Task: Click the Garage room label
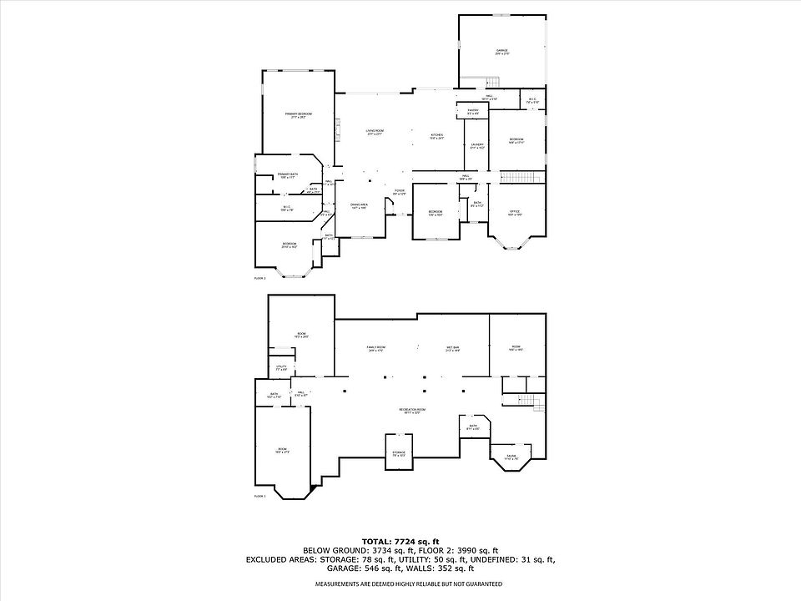[x=502, y=52]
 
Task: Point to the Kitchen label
[x=436, y=137]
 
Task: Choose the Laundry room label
[x=477, y=146]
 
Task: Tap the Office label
[x=516, y=213]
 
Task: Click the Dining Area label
[x=359, y=205]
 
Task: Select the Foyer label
[x=400, y=192]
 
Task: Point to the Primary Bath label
[x=288, y=175]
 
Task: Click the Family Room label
[x=375, y=349]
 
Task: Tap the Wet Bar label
[x=453, y=349]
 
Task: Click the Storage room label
[x=399, y=453]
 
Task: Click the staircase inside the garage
[x=492, y=81]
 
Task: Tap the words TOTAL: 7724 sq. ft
[x=400, y=541]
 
